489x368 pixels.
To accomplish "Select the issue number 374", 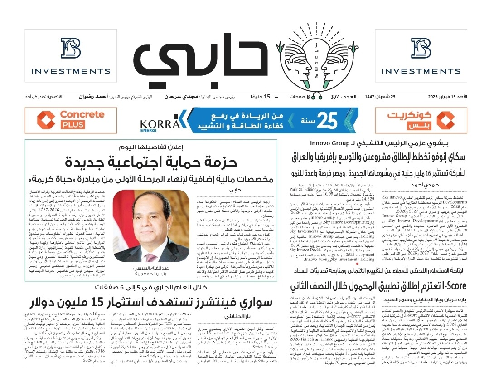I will [x=335, y=97].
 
